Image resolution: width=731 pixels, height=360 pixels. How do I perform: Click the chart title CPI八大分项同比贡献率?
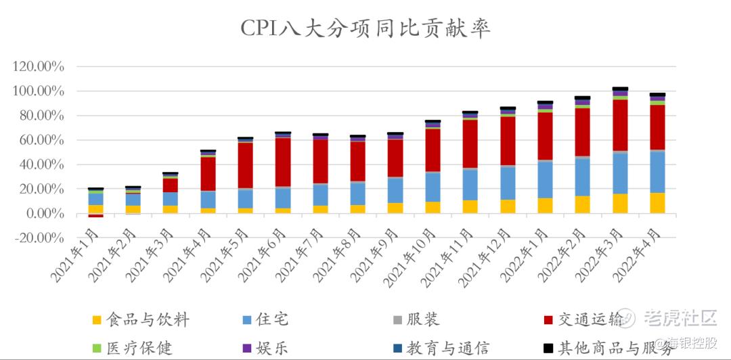(365, 28)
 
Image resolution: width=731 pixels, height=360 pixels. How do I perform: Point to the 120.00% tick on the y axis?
(39, 67)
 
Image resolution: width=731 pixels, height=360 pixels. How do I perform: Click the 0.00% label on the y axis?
(44, 214)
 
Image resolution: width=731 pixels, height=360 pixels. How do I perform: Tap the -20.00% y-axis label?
(39, 238)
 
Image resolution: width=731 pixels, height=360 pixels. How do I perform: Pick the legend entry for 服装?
(427, 319)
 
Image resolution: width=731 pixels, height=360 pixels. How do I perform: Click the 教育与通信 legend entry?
(447, 348)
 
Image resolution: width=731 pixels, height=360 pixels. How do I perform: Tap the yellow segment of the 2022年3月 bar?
(620, 204)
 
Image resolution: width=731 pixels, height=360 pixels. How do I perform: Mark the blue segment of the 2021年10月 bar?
(433, 187)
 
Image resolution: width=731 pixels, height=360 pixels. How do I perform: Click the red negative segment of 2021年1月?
(96, 215)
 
